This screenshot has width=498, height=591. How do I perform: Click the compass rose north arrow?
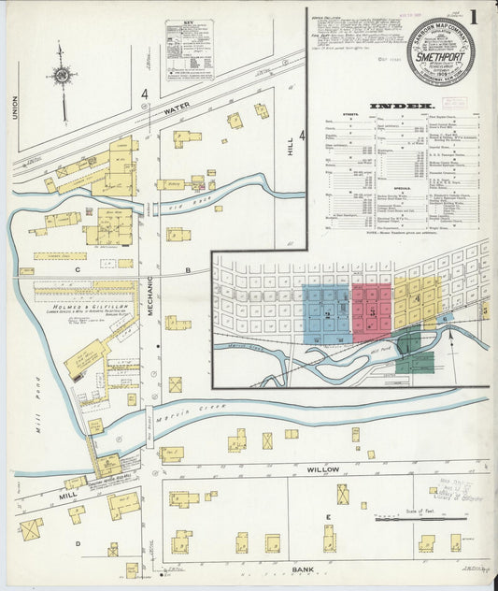click(62, 77)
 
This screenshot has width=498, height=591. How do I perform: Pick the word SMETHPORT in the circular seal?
click(440, 55)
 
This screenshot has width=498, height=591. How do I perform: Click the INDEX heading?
click(402, 107)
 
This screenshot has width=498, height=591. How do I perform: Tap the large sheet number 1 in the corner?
click(477, 18)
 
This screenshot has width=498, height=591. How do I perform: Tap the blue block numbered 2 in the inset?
click(328, 314)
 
